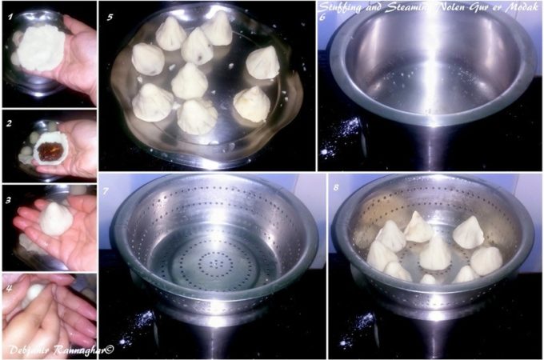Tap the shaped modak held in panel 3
[56, 218]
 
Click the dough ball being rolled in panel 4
[33, 293]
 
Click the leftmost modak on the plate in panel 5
[147, 59]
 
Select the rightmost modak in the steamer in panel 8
[486, 259]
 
